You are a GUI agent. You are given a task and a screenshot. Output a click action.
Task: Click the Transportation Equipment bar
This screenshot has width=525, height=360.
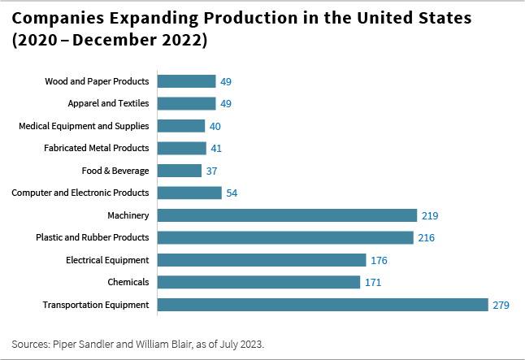(x=322, y=305)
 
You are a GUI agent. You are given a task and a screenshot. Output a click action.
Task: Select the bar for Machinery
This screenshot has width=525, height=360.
(x=286, y=215)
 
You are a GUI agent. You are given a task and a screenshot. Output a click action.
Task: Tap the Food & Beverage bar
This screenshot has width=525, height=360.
(x=179, y=171)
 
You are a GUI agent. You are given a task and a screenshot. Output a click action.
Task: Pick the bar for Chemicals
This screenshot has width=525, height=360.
(x=258, y=282)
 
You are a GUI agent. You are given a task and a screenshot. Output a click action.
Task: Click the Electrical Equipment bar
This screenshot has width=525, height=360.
(x=261, y=260)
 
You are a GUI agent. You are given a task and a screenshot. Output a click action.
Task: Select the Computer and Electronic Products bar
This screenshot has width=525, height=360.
(x=189, y=193)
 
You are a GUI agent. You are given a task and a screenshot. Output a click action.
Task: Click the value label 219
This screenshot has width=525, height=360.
(x=431, y=215)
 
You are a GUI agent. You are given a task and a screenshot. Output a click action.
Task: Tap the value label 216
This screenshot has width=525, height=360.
(x=427, y=238)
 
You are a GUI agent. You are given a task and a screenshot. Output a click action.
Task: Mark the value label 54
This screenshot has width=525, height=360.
(x=233, y=193)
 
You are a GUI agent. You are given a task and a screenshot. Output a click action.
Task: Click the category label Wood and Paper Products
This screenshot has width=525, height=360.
(x=97, y=81)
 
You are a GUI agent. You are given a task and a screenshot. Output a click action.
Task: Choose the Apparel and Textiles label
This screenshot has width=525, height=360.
(x=109, y=103)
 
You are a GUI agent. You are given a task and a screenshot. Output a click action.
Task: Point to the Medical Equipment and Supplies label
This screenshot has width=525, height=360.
(x=84, y=126)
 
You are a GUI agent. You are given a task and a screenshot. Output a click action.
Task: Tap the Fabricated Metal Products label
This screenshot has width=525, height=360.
(x=96, y=148)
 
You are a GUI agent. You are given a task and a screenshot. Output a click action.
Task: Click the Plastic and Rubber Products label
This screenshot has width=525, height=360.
(x=92, y=237)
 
